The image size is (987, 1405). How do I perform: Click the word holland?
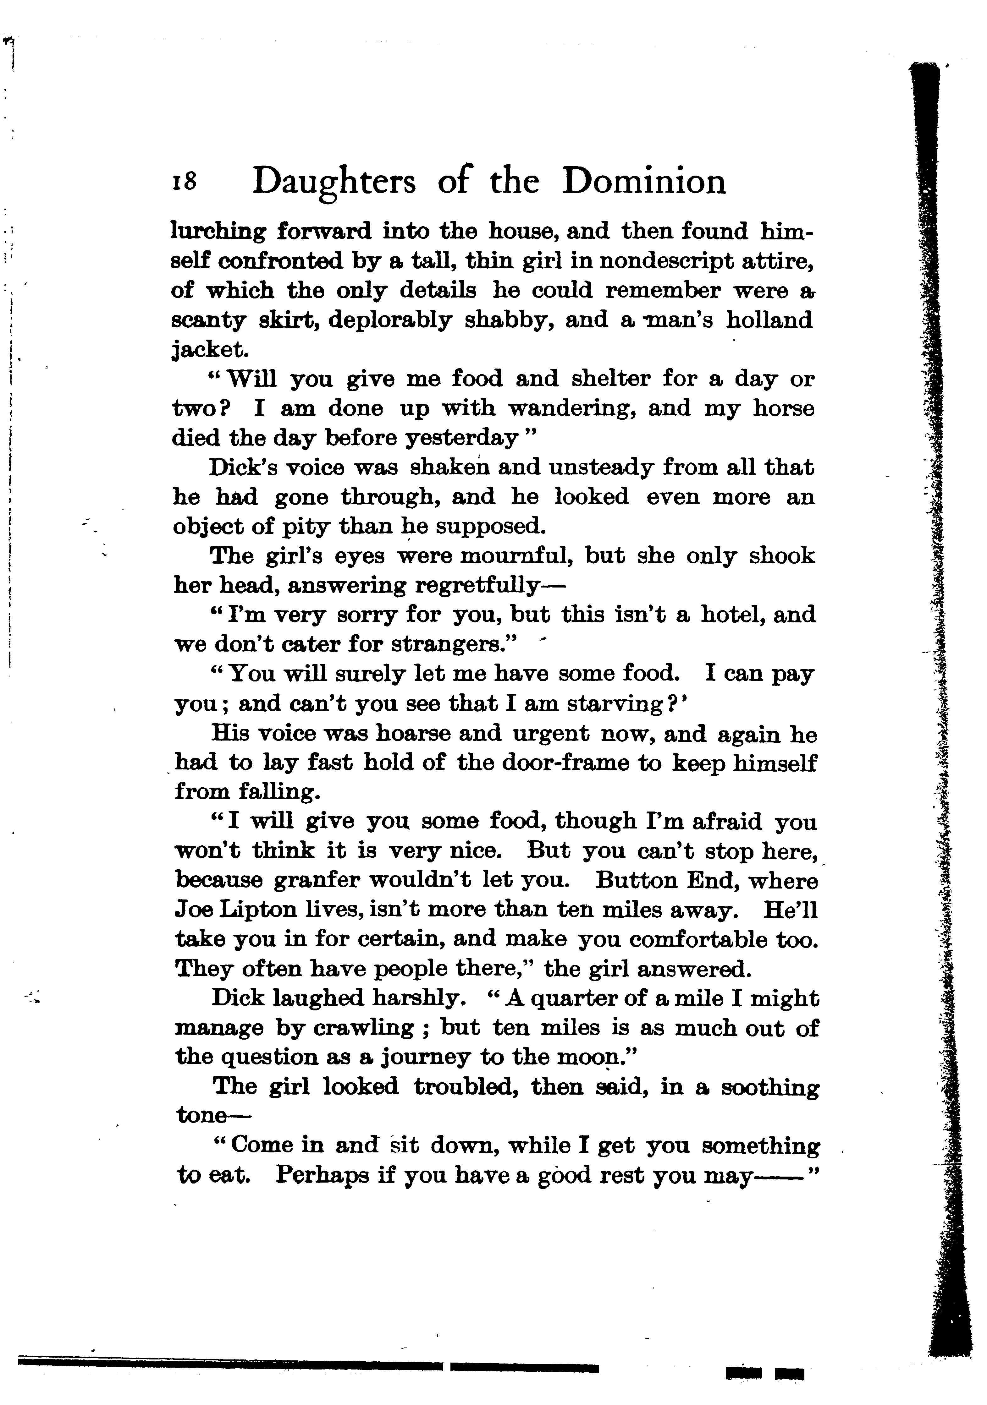tap(769, 320)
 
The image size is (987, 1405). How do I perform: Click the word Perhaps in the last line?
tap(322, 1175)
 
